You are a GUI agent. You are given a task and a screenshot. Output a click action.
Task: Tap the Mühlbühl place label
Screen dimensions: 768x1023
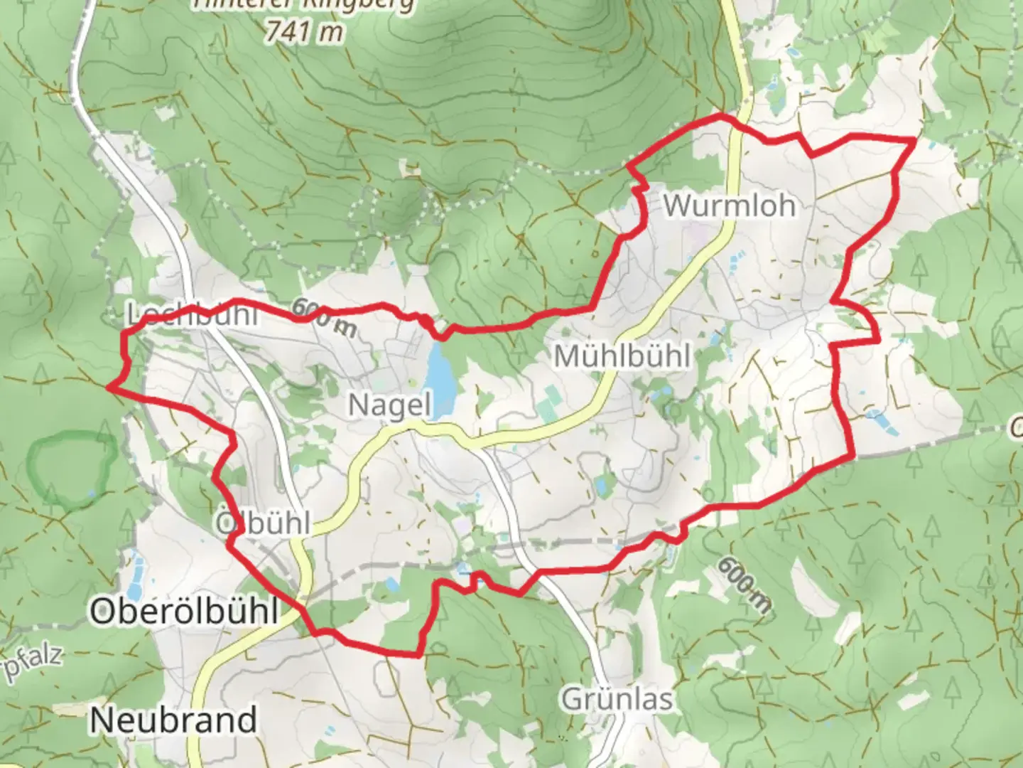pos(622,356)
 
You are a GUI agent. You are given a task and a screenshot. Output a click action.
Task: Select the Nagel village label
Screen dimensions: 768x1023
pos(389,405)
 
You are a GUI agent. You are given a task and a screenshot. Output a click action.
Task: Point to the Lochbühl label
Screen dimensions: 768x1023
pos(192,314)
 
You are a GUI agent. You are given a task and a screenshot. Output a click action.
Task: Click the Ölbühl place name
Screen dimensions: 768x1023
pos(262,524)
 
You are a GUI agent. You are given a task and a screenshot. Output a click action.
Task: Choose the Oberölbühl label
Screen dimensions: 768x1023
pos(183,611)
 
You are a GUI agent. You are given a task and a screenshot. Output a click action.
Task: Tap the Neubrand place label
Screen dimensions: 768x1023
pos(173,720)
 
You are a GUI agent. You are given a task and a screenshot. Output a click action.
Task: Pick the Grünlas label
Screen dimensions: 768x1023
pos(617,699)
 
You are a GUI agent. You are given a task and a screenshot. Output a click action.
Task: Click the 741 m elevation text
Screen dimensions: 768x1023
pos(303,31)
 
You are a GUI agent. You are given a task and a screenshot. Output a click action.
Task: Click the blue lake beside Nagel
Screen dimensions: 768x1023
pos(441,378)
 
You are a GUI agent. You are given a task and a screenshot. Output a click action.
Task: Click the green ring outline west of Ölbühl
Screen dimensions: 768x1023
pos(71,469)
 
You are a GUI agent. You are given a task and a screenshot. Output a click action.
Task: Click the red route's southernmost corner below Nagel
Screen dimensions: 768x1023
pos(419,655)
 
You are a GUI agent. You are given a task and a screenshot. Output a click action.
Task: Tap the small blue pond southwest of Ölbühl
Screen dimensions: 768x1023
pos(136,570)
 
